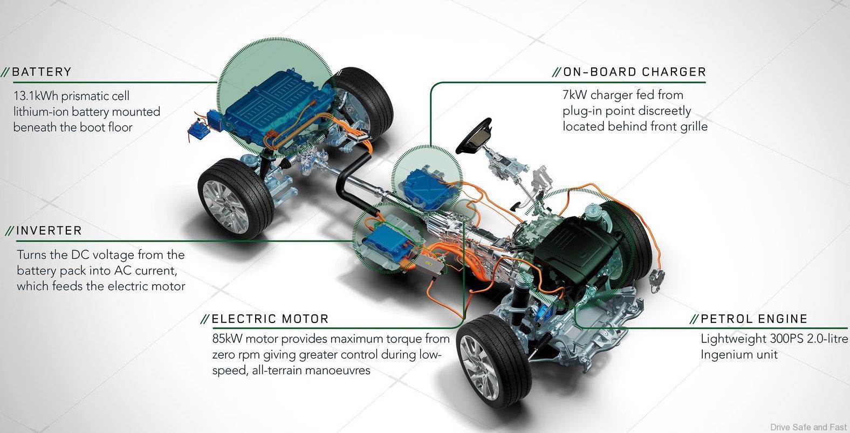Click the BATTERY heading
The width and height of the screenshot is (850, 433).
[x=42, y=72]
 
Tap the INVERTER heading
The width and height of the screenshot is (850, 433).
[x=49, y=231]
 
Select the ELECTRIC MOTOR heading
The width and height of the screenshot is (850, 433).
[x=270, y=319]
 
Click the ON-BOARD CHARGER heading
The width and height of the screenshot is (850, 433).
[x=634, y=72]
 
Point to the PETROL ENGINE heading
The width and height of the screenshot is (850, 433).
[x=753, y=319]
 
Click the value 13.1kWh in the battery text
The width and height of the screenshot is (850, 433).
[x=36, y=97]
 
